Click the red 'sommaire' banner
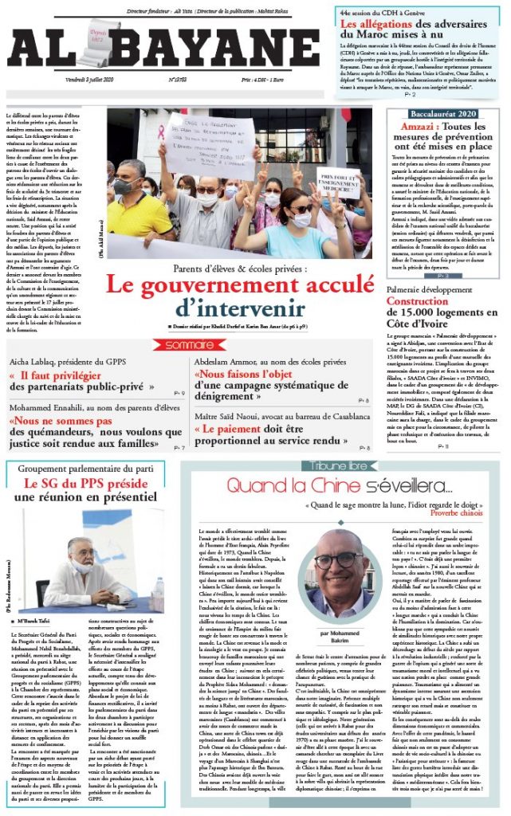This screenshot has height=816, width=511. pos(190,344)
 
